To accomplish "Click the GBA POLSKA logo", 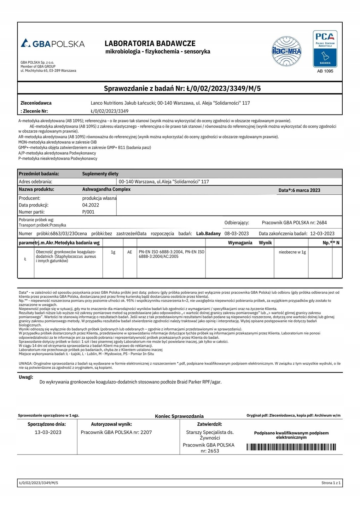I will [53, 43].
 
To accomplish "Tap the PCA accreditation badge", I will [325, 49].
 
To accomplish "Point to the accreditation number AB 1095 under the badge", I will [325, 71].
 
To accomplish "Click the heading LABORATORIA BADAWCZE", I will [150, 43].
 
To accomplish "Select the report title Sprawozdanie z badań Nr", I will [182, 88].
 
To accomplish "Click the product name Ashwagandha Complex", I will [106, 189].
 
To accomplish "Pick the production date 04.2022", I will [91, 205].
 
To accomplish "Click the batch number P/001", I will [88, 212].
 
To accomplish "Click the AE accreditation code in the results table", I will [130, 252].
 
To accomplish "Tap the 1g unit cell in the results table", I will [113, 252].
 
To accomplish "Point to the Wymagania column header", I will [240, 242].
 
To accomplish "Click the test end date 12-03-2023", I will [322, 234].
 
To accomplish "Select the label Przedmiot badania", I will [39, 174].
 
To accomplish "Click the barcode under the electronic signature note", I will [291, 447].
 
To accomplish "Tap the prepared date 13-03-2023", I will [48, 432].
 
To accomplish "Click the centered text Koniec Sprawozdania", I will [179, 416].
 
